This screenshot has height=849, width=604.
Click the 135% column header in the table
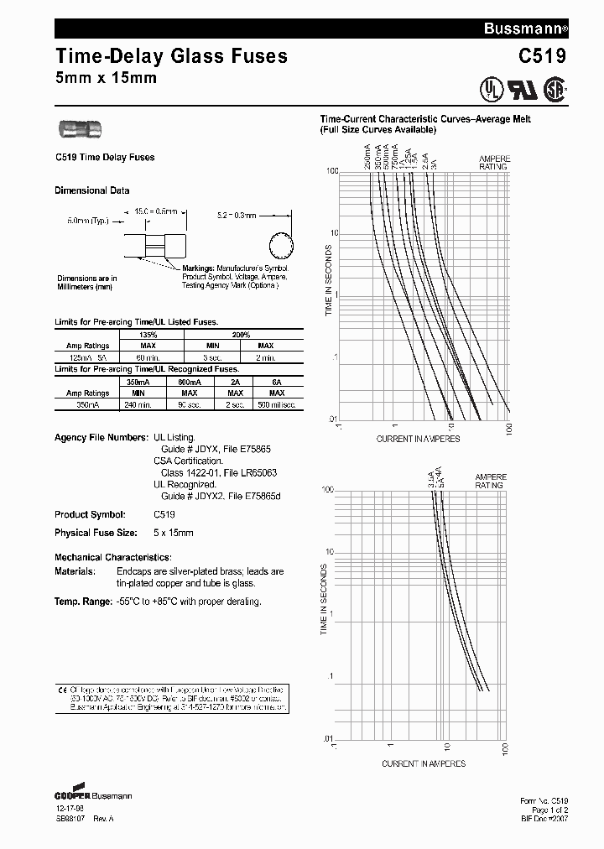pos(148,334)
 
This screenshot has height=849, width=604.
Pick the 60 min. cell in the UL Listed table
pos(148,357)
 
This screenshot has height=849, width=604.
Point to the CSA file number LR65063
pos(252,473)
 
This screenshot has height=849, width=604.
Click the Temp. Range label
pos(82,602)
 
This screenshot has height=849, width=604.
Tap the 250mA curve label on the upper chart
pos(367,157)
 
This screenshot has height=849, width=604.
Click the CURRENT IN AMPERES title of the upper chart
pos(419,439)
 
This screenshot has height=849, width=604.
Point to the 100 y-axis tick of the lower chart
pos(328,489)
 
